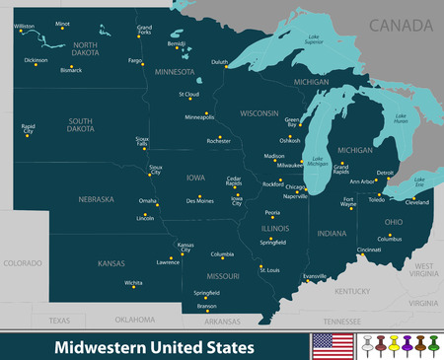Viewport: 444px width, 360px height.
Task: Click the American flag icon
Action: (x=329, y=344)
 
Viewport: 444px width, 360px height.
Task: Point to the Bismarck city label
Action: (x=66, y=71)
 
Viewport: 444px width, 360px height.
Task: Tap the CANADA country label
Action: (x=399, y=22)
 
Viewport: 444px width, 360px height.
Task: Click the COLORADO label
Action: (x=22, y=263)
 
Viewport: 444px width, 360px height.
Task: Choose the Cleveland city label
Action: (x=418, y=202)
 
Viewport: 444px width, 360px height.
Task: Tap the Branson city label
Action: (x=207, y=306)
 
